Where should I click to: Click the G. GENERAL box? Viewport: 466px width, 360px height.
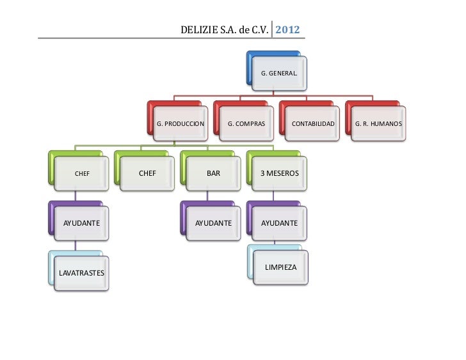tap(278, 73)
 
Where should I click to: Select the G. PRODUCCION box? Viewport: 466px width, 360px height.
tap(181, 121)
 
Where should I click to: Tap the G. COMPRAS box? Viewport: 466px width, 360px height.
tap(246, 121)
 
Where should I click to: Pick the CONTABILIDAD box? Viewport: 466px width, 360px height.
tap(312, 121)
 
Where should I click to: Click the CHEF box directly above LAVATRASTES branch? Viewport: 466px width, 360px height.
tap(82, 173)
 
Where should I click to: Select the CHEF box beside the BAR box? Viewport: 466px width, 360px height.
tap(147, 173)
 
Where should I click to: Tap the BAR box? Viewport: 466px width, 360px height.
tap(213, 173)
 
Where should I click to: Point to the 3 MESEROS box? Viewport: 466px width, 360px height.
tap(279, 173)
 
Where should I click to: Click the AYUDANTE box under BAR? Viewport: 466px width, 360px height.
tap(213, 223)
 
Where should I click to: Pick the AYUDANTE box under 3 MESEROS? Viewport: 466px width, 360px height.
tap(279, 223)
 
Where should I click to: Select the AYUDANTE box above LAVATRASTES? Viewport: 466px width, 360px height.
tap(81, 223)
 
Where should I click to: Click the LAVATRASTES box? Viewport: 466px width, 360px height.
tap(81, 273)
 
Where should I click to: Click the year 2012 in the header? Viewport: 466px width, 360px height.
tap(288, 29)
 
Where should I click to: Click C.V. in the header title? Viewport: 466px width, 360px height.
tap(259, 29)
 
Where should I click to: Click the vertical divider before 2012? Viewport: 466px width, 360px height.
tap(273, 29)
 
